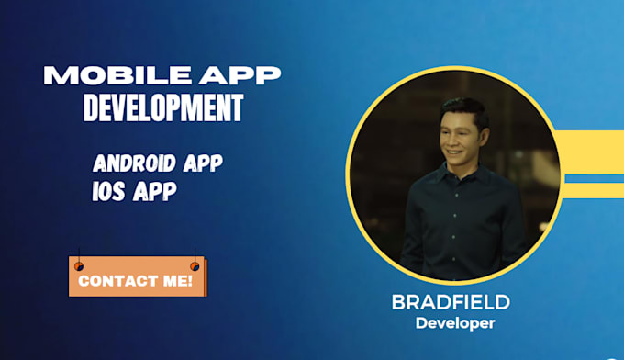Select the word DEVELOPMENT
[x=163, y=108]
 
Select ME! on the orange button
[x=176, y=281]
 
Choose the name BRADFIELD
[x=451, y=303]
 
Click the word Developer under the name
[x=454, y=323]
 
